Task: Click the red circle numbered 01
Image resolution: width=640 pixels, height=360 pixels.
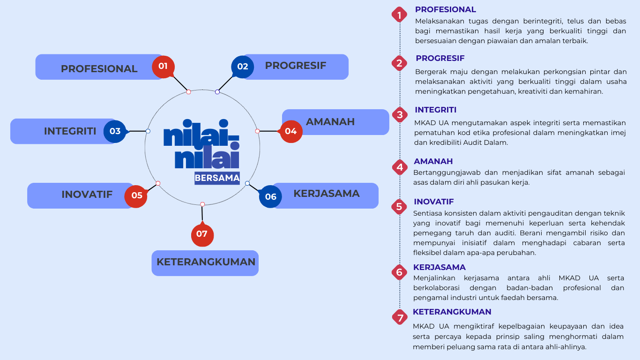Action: (163, 67)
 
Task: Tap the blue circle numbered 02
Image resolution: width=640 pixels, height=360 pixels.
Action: (242, 67)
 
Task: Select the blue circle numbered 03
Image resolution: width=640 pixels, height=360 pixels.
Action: (115, 131)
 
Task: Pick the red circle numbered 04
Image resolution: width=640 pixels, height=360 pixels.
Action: (291, 131)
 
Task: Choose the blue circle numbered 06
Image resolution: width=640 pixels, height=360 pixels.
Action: (271, 196)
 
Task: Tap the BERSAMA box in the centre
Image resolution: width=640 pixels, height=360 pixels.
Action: (217, 178)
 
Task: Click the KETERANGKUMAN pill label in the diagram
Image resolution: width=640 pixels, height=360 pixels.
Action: (206, 262)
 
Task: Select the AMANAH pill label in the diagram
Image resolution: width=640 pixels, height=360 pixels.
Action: (335, 122)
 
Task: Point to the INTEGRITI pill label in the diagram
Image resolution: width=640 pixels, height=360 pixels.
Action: (63, 131)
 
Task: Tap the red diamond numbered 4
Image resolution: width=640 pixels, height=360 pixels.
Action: (400, 167)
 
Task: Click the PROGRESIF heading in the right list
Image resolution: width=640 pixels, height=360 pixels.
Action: (440, 58)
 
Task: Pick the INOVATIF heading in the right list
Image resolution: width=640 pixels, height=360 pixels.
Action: (434, 202)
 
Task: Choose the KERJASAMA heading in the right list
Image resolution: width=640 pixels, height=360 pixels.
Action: (439, 267)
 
